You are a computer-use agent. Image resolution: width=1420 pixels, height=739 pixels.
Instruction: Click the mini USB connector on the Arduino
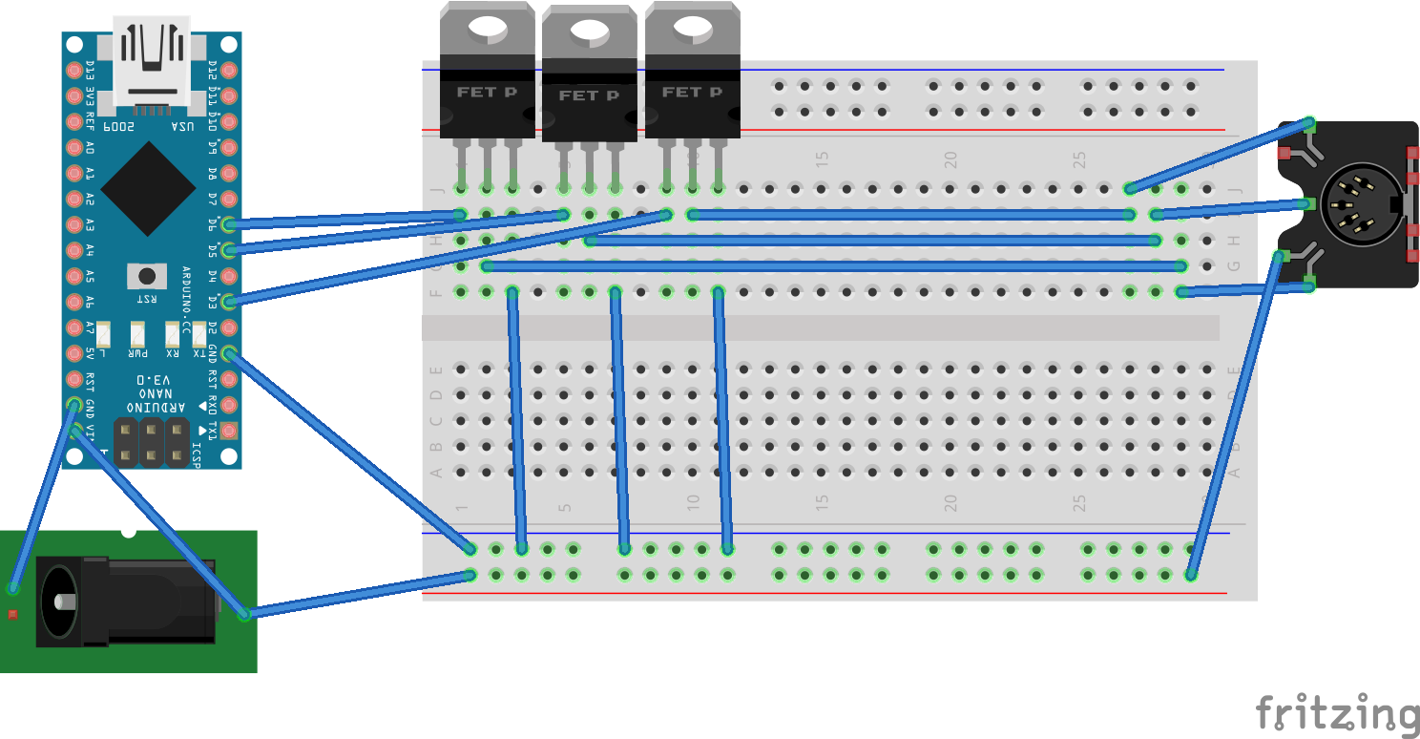[x=151, y=59]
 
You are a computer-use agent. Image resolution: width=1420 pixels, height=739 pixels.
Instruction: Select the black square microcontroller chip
[x=148, y=189]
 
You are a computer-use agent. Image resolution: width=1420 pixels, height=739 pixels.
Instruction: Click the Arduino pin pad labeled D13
[x=74, y=71]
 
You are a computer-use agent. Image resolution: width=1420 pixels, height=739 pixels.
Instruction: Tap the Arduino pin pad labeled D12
[x=228, y=71]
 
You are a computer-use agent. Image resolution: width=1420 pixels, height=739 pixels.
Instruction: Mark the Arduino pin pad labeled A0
[x=74, y=148]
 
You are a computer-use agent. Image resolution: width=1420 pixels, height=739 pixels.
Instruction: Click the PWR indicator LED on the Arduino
[x=137, y=335]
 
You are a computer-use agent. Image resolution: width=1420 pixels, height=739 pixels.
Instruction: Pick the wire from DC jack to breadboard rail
[x=358, y=594]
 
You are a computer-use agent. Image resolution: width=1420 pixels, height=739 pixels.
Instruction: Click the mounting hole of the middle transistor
[x=589, y=36]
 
